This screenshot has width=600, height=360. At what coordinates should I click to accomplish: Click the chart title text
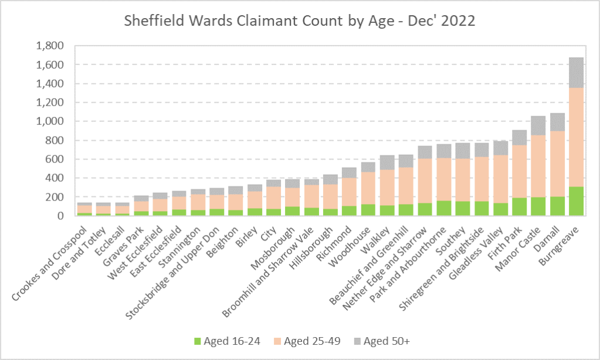click(299, 21)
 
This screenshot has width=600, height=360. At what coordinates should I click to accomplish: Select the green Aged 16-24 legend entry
click(225, 341)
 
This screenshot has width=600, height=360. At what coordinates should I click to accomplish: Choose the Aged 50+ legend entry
click(384, 341)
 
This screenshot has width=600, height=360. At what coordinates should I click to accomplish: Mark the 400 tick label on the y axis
click(54, 178)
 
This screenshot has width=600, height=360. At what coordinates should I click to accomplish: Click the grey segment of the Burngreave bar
click(577, 72)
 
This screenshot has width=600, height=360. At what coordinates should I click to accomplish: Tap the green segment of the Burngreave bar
click(577, 201)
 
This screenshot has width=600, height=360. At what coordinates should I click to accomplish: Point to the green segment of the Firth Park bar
click(520, 207)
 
